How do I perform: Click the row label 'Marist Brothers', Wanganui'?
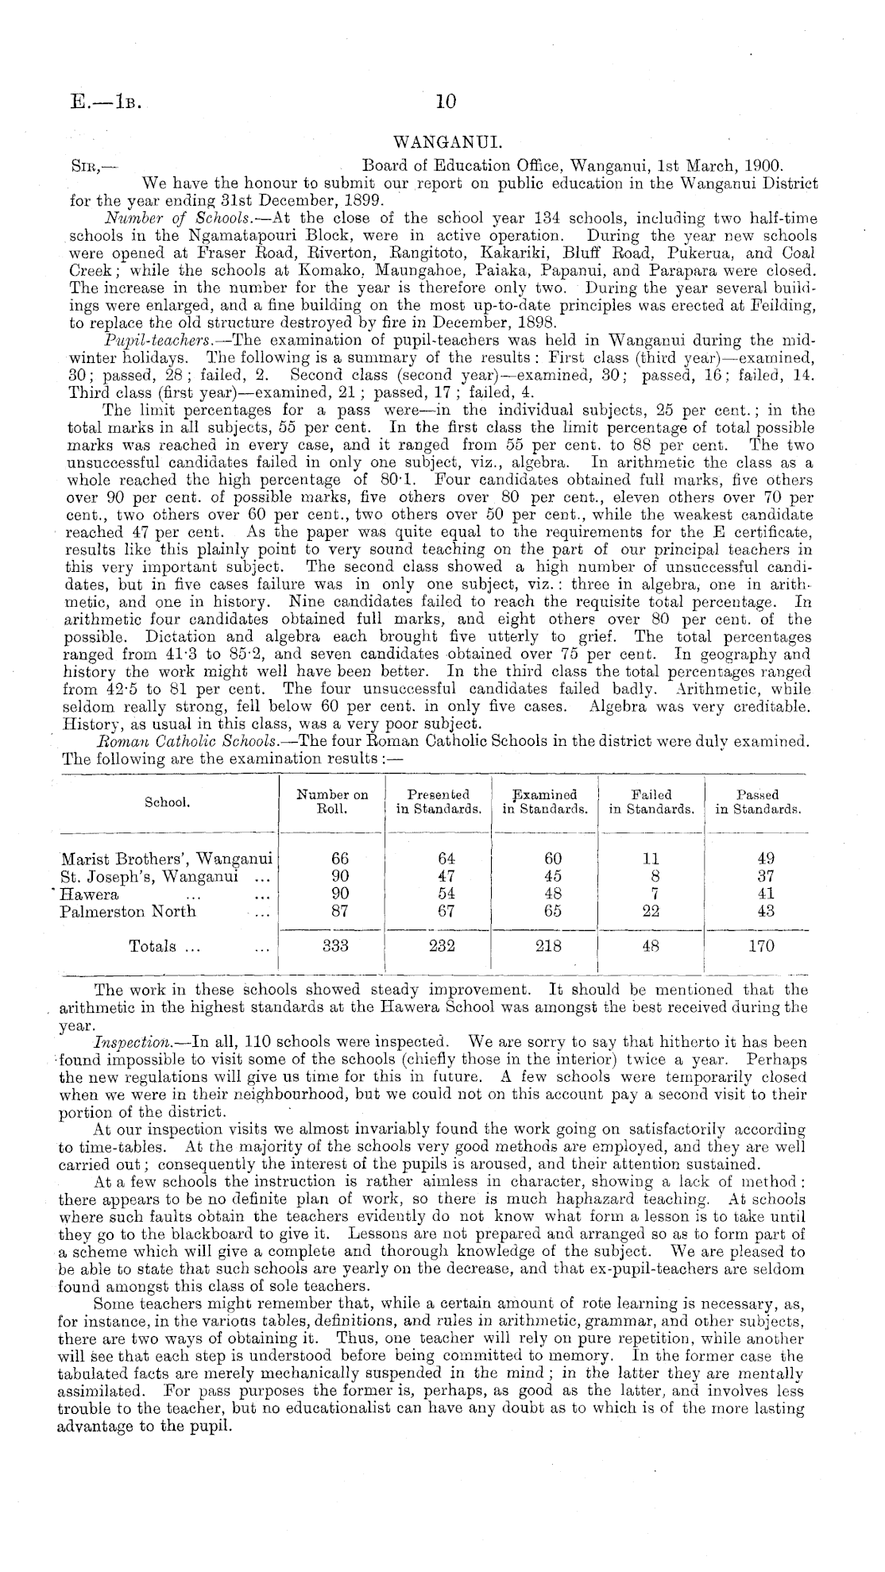pos(166,858)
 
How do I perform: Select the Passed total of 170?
pos(760,946)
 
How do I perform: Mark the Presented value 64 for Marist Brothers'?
pos(446,859)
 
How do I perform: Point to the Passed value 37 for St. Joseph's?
pos(760,876)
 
